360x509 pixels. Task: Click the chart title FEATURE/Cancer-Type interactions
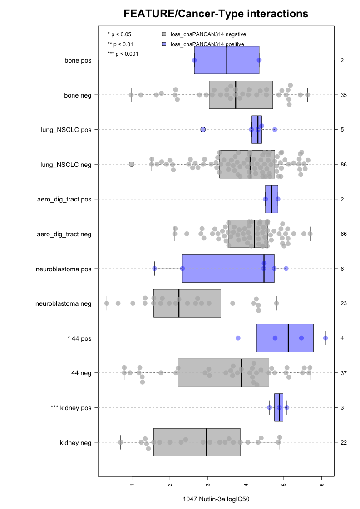coord(216,14)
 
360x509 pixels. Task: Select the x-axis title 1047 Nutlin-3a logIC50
coord(216,499)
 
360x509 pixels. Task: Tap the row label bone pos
coord(78,60)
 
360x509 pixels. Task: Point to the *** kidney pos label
coord(71,408)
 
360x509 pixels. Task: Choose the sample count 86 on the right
coord(344,164)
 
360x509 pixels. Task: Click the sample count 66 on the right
coord(344,234)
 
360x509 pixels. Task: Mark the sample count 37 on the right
coord(344,373)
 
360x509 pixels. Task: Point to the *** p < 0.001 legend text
coord(123,54)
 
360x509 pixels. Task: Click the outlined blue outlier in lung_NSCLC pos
coord(203,130)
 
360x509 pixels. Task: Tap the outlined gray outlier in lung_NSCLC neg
coord(132,164)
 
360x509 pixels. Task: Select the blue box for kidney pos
coord(279,408)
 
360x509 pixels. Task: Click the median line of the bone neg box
coord(236,95)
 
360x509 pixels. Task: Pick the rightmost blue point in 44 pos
coord(325,338)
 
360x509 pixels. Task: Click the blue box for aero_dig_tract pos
coord(271,199)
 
